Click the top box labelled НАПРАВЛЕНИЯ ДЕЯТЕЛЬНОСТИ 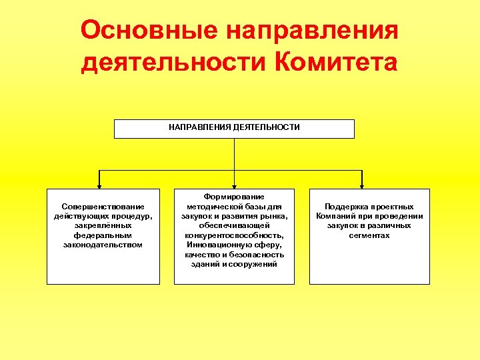[234, 128]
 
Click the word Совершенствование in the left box [103, 207]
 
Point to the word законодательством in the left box [103, 245]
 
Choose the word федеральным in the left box [103, 235]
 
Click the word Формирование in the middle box [234, 197]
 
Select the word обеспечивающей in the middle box [234, 226]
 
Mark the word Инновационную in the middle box [215, 245]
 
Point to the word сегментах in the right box [369, 235]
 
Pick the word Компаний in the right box [337, 216]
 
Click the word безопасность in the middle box [253, 255]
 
